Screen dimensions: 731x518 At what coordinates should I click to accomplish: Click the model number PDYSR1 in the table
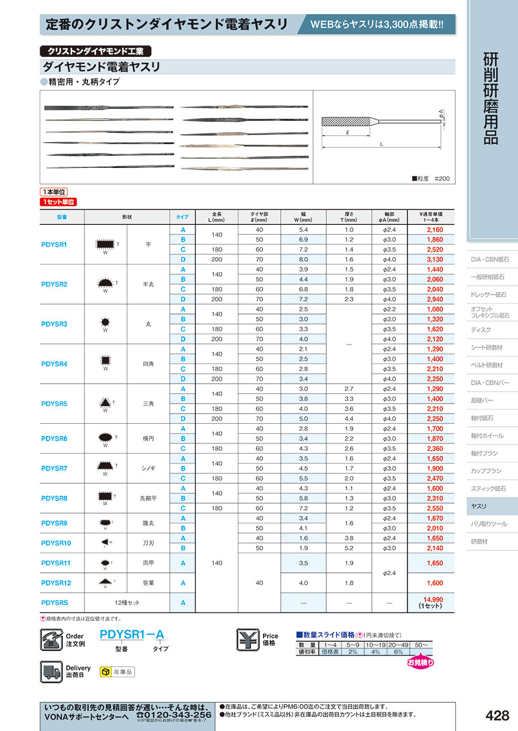click(55, 244)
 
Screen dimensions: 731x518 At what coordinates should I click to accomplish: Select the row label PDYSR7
click(55, 468)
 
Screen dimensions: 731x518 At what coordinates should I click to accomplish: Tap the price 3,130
click(435, 259)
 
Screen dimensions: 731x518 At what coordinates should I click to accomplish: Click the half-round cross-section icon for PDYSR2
click(104, 284)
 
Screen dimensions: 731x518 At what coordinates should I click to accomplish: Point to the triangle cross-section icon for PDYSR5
click(105, 403)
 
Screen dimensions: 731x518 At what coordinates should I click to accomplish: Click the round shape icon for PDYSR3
click(105, 323)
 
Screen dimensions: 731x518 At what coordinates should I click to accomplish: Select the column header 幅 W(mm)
click(303, 217)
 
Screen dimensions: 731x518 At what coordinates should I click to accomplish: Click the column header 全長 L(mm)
click(216, 217)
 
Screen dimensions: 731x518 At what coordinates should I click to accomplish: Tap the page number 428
click(497, 715)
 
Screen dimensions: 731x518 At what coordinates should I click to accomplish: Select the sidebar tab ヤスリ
click(479, 506)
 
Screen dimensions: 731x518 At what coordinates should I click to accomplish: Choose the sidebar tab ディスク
click(481, 330)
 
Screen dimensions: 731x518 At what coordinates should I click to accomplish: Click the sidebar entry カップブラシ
click(486, 470)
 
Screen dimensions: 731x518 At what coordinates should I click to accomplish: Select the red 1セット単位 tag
click(58, 202)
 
